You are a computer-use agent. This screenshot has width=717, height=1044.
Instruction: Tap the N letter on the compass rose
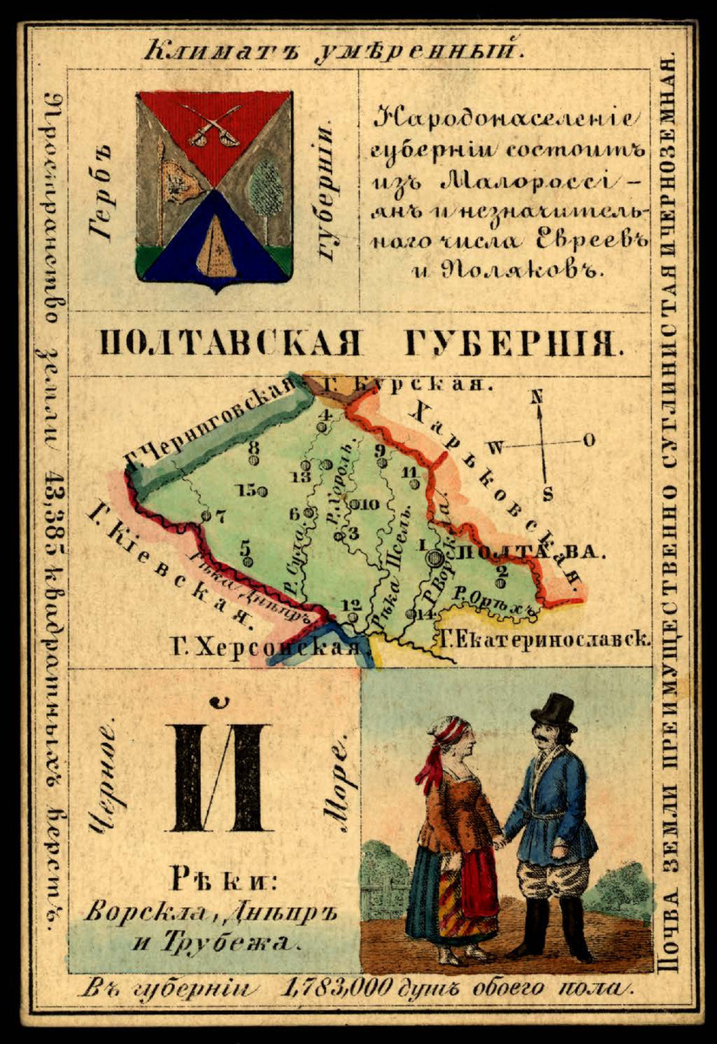coord(537,396)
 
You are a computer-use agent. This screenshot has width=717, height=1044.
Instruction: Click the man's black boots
coord(556,929)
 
